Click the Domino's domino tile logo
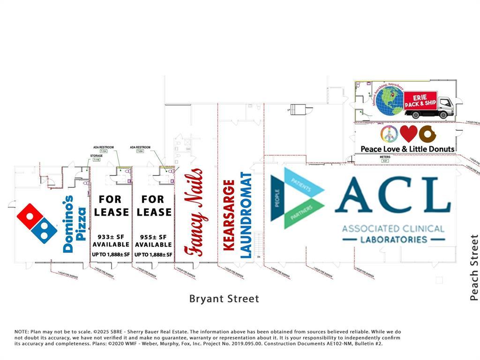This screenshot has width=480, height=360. (x=37, y=223)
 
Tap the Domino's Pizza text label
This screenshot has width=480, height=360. (x=75, y=225)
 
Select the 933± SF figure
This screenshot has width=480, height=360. (x=111, y=237)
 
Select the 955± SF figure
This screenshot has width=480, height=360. (x=153, y=237)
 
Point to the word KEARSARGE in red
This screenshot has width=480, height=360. (x=229, y=215)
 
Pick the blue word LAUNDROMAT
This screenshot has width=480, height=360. (x=246, y=215)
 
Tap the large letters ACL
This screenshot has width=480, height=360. (x=393, y=196)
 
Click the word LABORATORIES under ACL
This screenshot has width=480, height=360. (x=393, y=240)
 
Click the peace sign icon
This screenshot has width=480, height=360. (x=389, y=134)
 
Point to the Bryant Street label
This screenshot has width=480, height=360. (x=224, y=299)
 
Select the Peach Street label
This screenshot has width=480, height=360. (x=474, y=268)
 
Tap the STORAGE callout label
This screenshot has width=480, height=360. (x=96, y=156)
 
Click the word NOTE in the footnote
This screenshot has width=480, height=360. (x=22, y=332)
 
